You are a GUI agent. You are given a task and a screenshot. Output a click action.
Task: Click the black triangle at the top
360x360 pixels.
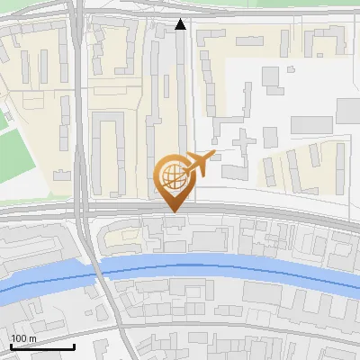pos(181,24)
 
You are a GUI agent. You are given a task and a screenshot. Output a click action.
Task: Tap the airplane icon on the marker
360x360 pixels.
pos(199,165)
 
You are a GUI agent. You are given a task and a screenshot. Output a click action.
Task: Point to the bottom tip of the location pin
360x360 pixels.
pos(172,211)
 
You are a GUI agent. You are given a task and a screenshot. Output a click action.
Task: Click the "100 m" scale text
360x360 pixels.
pos(22,338)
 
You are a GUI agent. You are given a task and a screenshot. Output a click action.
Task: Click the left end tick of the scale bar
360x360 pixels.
pos(10,345)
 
